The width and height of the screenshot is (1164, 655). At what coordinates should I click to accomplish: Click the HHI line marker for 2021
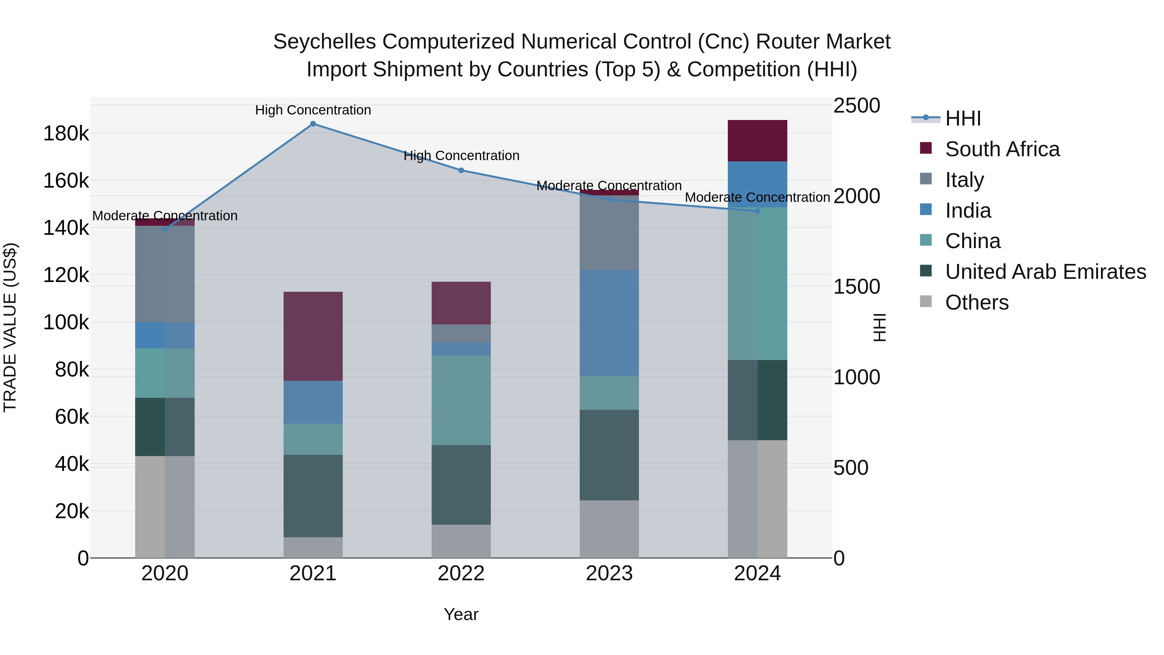click(x=313, y=124)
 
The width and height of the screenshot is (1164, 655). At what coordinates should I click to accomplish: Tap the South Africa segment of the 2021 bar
click(x=313, y=336)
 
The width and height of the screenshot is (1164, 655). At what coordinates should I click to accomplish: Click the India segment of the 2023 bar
click(x=609, y=323)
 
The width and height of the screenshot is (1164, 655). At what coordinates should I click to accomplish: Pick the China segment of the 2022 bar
click(x=461, y=400)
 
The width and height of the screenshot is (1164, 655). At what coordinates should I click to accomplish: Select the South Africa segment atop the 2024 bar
click(x=757, y=141)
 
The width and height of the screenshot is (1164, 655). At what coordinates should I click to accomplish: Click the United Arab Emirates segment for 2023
click(x=609, y=455)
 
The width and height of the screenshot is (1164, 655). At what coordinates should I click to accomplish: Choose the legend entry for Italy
click(x=964, y=180)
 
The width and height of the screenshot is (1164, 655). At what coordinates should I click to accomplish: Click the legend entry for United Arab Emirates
click(x=1045, y=272)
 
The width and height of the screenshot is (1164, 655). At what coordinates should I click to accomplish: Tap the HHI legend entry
click(x=963, y=118)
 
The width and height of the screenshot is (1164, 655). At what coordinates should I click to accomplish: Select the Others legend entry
click(x=976, y=302)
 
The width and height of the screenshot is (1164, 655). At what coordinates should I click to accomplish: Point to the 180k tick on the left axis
click(x=66, y=134)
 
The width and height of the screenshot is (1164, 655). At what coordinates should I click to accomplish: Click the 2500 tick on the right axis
click(x=856, y=106)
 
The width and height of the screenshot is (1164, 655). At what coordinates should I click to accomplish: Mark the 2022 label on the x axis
click(x=461, y=573)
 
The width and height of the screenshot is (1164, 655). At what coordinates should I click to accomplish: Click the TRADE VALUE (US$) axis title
click(x=10, y=327)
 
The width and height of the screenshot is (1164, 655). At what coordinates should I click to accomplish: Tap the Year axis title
click(x=461, y=614)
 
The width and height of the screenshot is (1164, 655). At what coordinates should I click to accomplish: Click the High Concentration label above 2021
click(x=313, y=110)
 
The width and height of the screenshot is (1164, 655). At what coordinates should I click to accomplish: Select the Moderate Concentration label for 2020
click(x=165, y=216)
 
